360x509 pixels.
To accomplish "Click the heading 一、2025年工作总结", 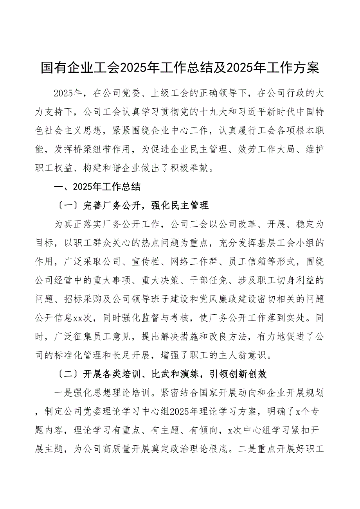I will point(97,186).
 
